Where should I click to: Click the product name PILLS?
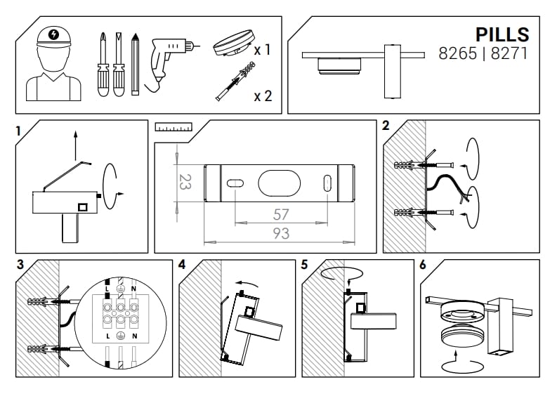(x=502, y=34)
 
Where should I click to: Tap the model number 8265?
(x=459, y=53)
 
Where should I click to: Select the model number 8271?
(x=509, y=53)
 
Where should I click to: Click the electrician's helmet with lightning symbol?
(x=54, y=35)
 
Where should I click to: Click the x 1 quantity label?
(x=263, y=51)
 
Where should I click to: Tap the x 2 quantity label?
(x=263, y=96)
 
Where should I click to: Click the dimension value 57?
(x=281, y=214)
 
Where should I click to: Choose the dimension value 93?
(x=281, y=234)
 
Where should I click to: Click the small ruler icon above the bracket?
(x=173, y=128)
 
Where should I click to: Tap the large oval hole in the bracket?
(x=280, y=183)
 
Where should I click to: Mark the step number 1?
(x=19, y=129)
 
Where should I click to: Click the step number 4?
(x=182, y=265)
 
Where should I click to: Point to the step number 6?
(x=422, y=265)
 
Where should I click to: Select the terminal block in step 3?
(x=121, y=315)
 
